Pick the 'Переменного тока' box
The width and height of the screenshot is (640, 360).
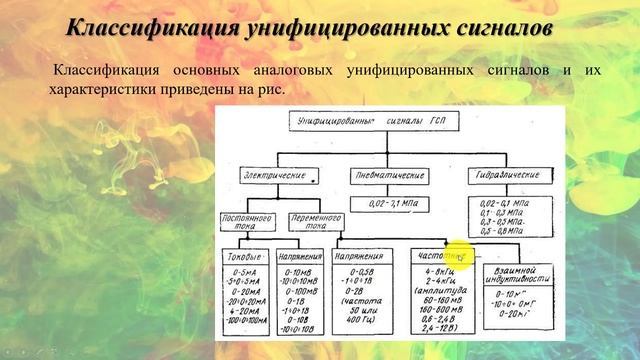(x=310, y=222)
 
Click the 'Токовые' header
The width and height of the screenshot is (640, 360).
(x=246, y=256)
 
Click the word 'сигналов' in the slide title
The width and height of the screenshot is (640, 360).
(x=504, y=27)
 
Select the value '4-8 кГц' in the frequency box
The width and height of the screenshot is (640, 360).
(x=437, y=271)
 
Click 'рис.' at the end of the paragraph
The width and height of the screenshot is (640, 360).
(x=272, y=90)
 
